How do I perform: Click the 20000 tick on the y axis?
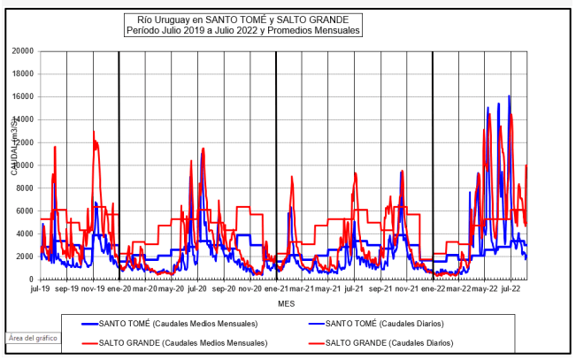tap(20, 51)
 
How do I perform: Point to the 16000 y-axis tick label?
tap(20, 96)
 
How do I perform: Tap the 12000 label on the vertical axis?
tap(20, 142)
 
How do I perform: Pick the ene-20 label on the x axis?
tap(119, 288)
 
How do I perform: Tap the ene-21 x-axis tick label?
tap(275, 288)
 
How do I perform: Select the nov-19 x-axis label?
tap(93, 288)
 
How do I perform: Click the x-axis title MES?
tap(286, 303)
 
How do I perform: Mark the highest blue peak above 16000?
tap(509, 96)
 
